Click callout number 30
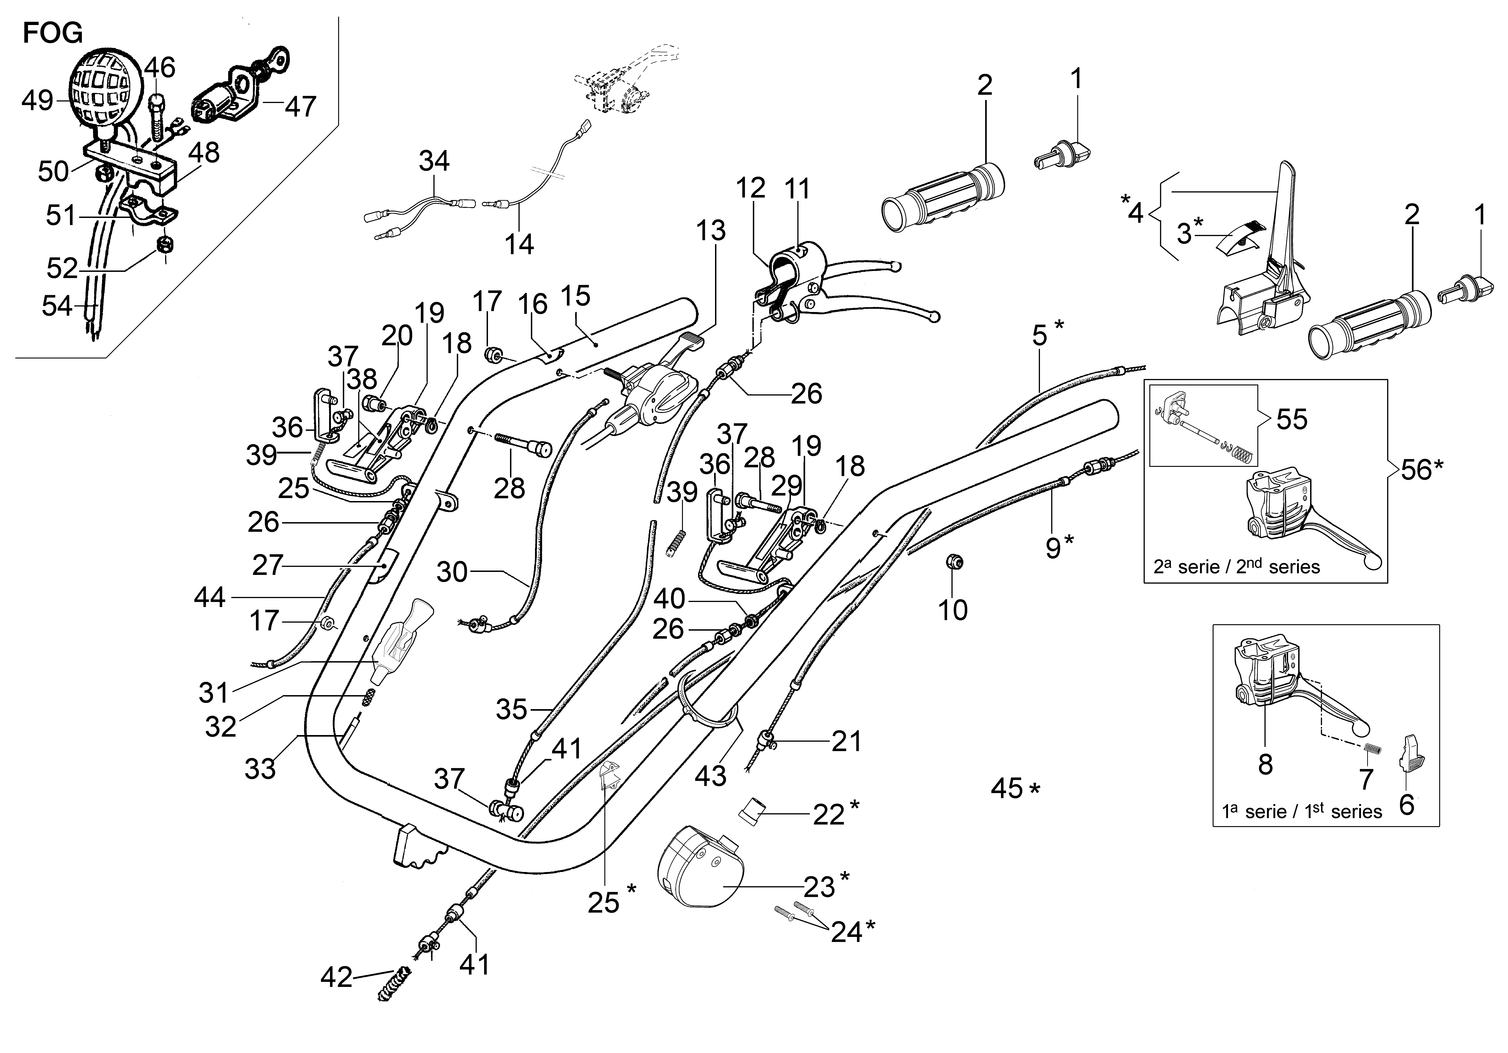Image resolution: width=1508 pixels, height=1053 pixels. point(452,572)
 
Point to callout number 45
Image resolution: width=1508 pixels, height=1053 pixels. point(1007,788)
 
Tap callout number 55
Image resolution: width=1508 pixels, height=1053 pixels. point(1291,419)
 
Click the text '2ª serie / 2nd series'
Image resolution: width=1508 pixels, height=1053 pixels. point(1236,566)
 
